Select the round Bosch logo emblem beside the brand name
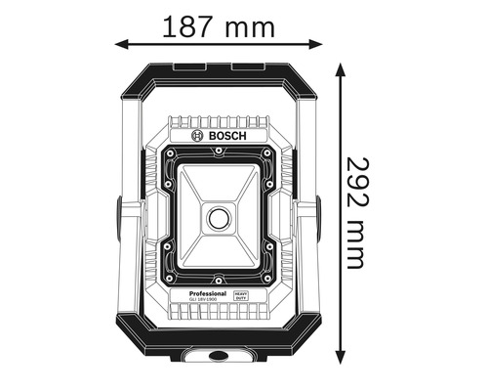click(x=198, y=137)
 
